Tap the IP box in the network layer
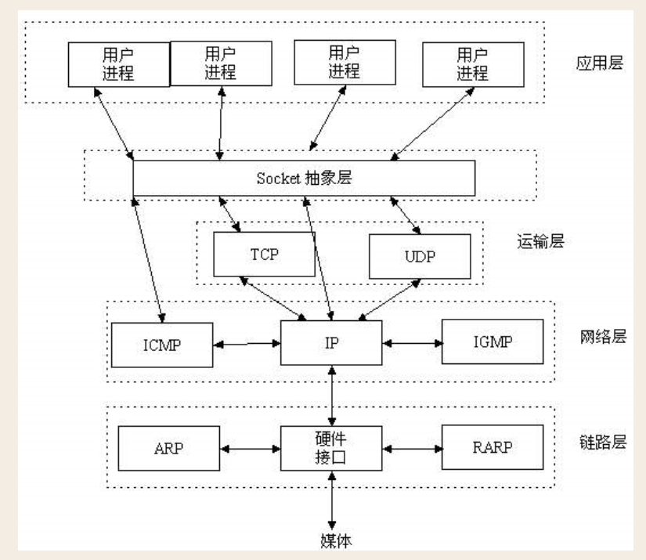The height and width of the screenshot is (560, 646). click(x=331, y=343)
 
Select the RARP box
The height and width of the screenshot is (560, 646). click(x=492, y=447)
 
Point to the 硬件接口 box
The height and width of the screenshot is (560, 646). click(x=331, y=449)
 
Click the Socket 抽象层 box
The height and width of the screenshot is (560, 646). click(x=304, y=178)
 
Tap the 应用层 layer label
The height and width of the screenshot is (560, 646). click(x=599, y=63)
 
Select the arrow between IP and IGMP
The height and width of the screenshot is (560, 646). click(x=412, y=343)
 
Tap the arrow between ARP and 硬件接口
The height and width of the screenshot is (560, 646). click(x=251, y=450)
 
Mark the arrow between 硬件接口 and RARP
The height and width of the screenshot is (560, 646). click(x=412, y=450)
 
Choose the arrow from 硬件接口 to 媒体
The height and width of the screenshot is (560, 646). click(x=332, y=501)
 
